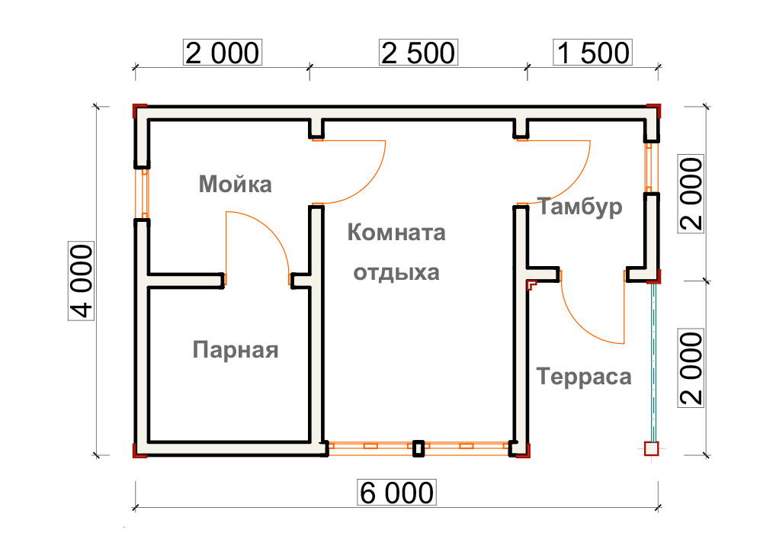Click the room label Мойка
[x=235, y=185]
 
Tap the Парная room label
[x=236, y=350]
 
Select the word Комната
[x=396, y=232]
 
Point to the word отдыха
[x=396, y=272]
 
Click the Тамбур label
[x=580, y=207]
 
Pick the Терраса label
[x=584, y=376]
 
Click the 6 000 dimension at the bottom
[x=396, y=493]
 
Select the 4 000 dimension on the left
[x=81, y=281]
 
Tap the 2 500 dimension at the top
[x=418, y=53]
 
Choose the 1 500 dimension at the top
[x=592, y=53]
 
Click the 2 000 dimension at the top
[x=223, y=53]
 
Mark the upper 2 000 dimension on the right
[x=691, y=194]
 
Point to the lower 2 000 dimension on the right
[x=691, y=368]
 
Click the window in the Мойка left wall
[x=143, y=194]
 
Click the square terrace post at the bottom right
[x=652, y=448]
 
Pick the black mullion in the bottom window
[x=418, y=448]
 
